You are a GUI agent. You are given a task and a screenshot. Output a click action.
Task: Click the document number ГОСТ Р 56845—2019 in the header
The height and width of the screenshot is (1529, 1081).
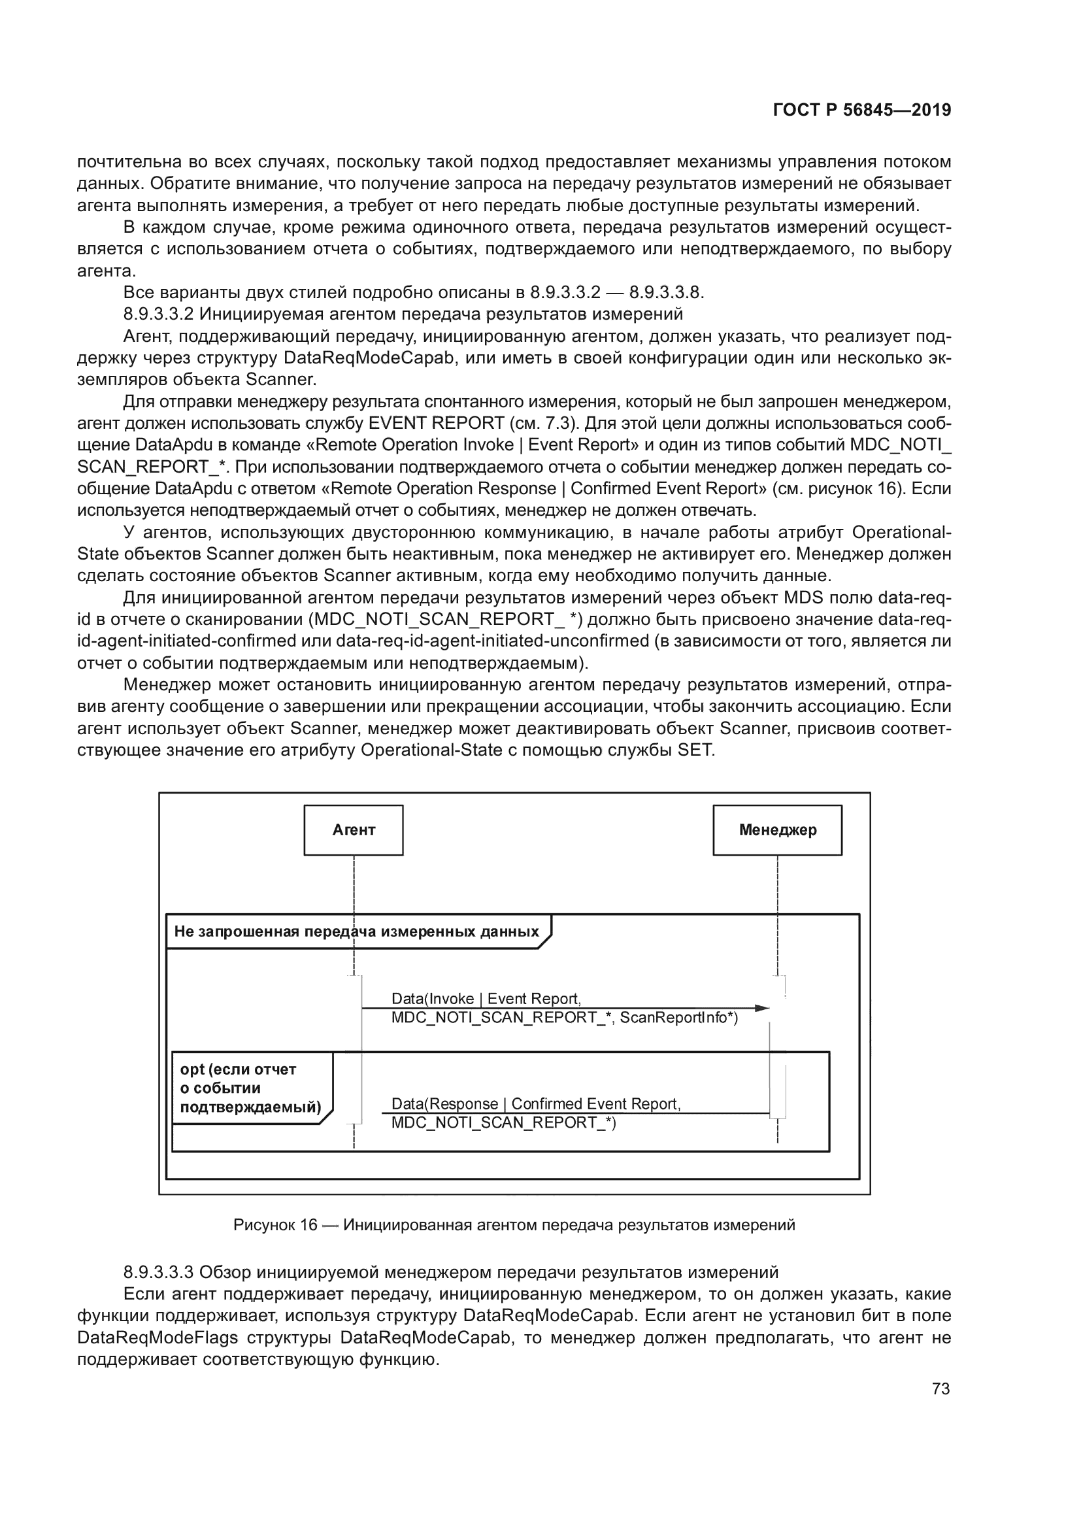(x=862, y=110)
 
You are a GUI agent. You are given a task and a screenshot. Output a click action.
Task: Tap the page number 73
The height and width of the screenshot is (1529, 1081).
(x=940, y=1388)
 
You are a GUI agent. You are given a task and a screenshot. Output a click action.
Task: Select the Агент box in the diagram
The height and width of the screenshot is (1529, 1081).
(x=354, y=830)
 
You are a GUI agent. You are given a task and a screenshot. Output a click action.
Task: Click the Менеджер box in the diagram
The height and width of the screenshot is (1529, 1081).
(x=777, y=830)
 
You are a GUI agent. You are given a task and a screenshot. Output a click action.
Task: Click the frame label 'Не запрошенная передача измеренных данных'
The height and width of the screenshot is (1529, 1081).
(x=356, y=932)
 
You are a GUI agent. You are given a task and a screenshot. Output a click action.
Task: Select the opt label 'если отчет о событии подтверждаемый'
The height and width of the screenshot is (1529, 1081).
(x=250, y=1088)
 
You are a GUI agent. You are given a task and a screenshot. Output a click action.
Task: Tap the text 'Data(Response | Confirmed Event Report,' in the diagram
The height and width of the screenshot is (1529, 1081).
(x=536, y=1103)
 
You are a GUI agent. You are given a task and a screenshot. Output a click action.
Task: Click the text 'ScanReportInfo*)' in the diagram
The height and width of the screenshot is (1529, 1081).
(x=679, y=1018)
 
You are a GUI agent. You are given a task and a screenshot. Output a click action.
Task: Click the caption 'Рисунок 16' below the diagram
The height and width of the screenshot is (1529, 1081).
(x=276, y=1224)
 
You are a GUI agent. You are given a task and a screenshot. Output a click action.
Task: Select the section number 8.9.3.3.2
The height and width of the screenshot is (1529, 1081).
(x=158, y=314)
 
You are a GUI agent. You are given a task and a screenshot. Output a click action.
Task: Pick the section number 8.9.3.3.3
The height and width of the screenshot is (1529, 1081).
(x=158, y=1272)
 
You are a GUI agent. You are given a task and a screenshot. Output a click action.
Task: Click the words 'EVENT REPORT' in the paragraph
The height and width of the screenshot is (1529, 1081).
(x=436, y=423)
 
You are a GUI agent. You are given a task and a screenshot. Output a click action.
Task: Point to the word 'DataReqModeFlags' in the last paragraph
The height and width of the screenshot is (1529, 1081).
(x=157, y=1338)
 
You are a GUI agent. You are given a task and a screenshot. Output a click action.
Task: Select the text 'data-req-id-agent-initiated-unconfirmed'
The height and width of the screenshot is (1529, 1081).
(x=492, y=641)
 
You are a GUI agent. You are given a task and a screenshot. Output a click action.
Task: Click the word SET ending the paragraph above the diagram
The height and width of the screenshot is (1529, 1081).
(x=695, y=750)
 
